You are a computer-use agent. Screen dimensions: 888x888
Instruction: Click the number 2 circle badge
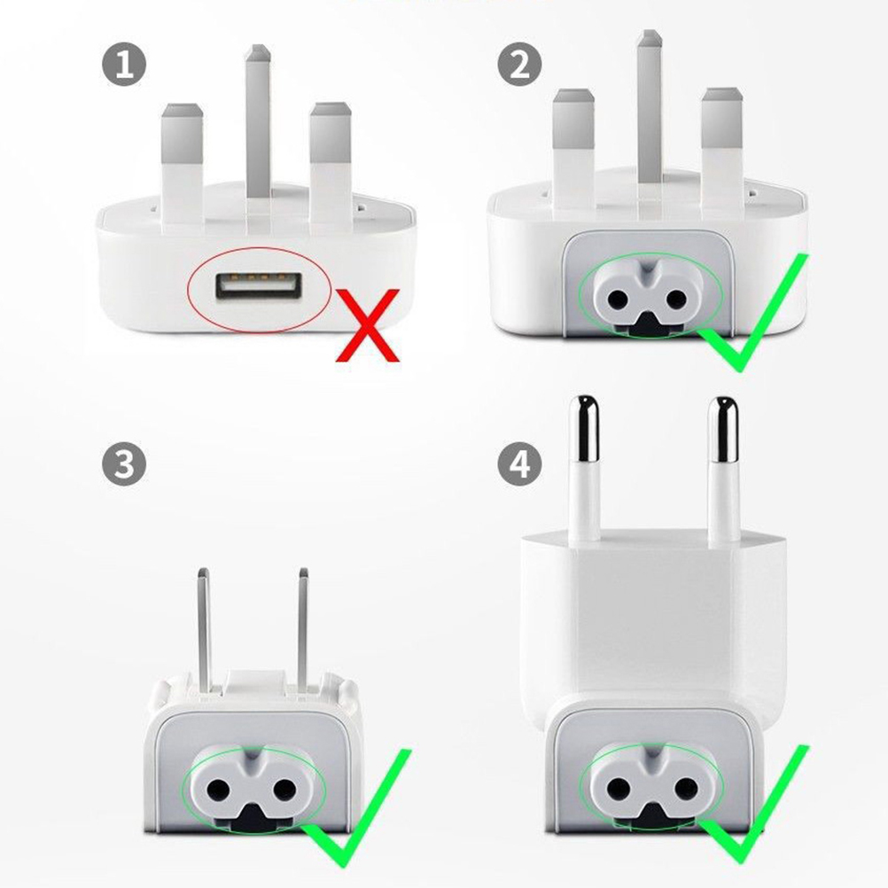click(x=519, y=64)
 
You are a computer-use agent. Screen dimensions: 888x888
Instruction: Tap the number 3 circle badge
click(x=124, y=463)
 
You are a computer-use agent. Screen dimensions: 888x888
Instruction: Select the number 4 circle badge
click(x=519, y=463)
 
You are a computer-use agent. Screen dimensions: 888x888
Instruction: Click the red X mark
click(x=368, y=324)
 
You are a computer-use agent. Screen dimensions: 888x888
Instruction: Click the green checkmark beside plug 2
click(x=752, y=312)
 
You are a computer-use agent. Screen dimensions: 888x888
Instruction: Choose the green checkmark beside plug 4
click(x=754, y=804)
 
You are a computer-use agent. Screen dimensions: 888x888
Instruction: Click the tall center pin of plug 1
click(x=258, y=121)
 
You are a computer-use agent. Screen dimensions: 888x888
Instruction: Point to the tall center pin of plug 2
click(x=650, y=106)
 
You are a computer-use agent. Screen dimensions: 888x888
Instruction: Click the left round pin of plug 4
click(x=584, y=470)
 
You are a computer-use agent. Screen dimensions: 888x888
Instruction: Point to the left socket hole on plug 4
click(x=619, y=785)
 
